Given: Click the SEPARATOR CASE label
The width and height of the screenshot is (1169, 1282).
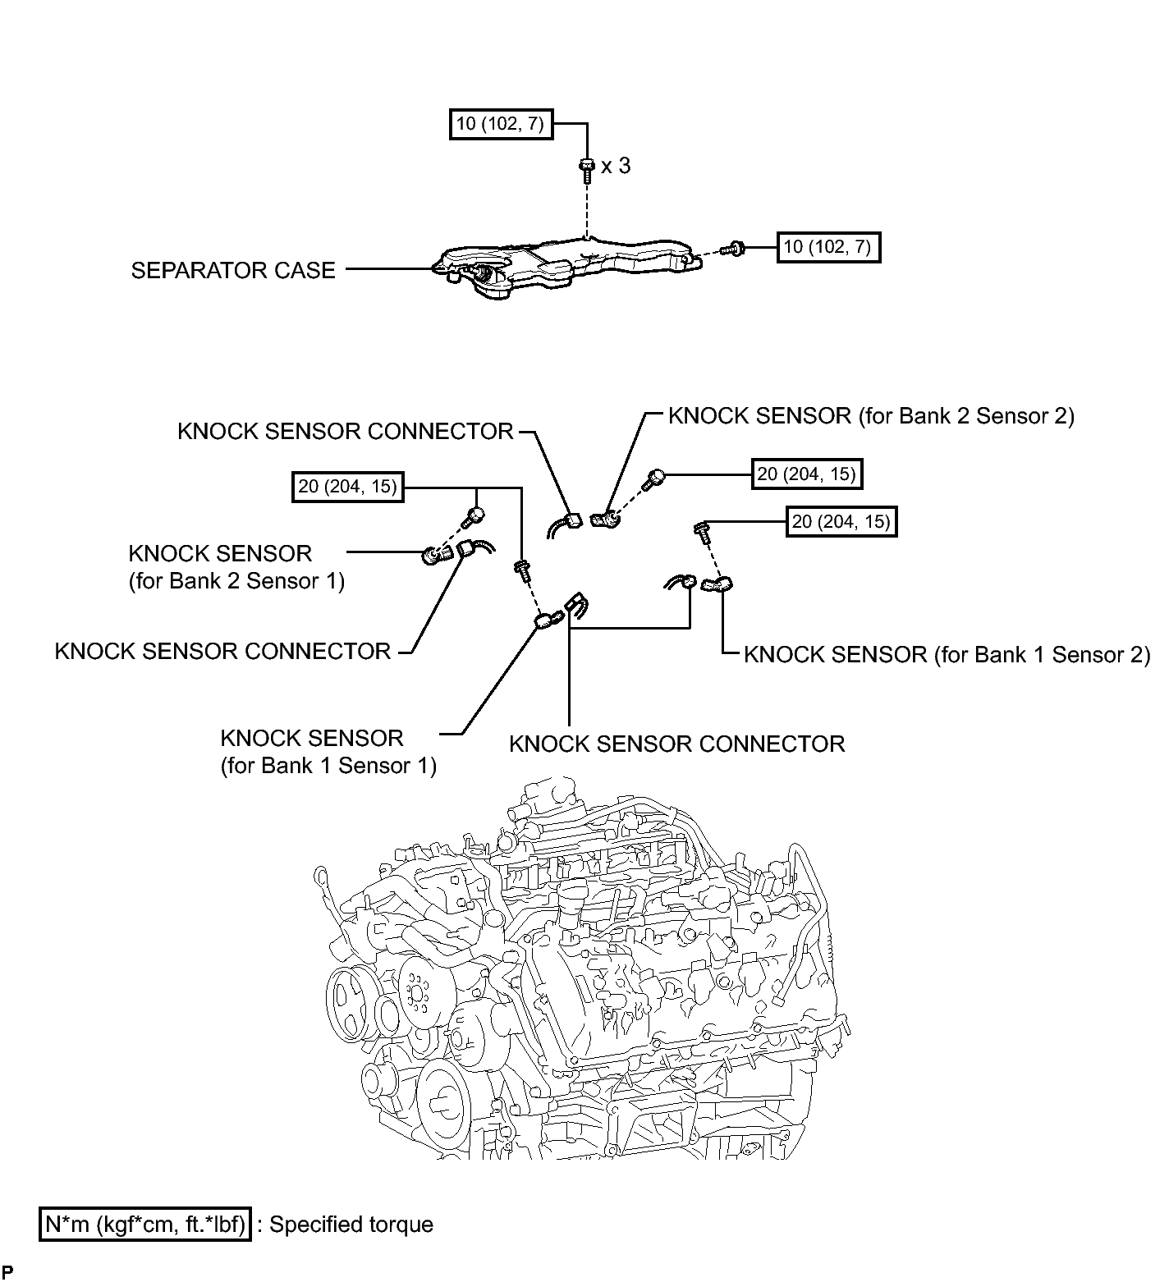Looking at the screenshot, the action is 233,270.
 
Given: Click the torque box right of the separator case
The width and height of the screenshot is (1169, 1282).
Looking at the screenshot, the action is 828,246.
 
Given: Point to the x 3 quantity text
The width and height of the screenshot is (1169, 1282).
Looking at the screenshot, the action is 616,166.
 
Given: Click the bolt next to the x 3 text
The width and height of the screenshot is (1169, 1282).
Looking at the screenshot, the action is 586,170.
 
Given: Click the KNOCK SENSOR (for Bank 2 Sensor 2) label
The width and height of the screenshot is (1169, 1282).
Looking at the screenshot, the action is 871,416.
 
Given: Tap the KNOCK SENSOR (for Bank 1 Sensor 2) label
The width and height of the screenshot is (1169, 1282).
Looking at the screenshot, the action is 947,654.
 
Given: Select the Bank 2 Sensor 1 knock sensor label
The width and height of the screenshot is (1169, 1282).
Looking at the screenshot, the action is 236,567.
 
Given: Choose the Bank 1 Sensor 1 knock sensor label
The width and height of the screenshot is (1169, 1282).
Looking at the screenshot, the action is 328,752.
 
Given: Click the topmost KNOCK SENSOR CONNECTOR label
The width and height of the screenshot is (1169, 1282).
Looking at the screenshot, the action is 346,432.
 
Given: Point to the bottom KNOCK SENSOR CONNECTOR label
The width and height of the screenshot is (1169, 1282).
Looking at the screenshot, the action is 677,744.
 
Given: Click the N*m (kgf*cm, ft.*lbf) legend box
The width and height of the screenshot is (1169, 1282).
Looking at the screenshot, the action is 144,1225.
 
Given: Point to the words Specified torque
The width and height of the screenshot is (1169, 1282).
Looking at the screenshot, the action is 351,1225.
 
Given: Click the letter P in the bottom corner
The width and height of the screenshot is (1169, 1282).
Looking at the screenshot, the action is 7,1273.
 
